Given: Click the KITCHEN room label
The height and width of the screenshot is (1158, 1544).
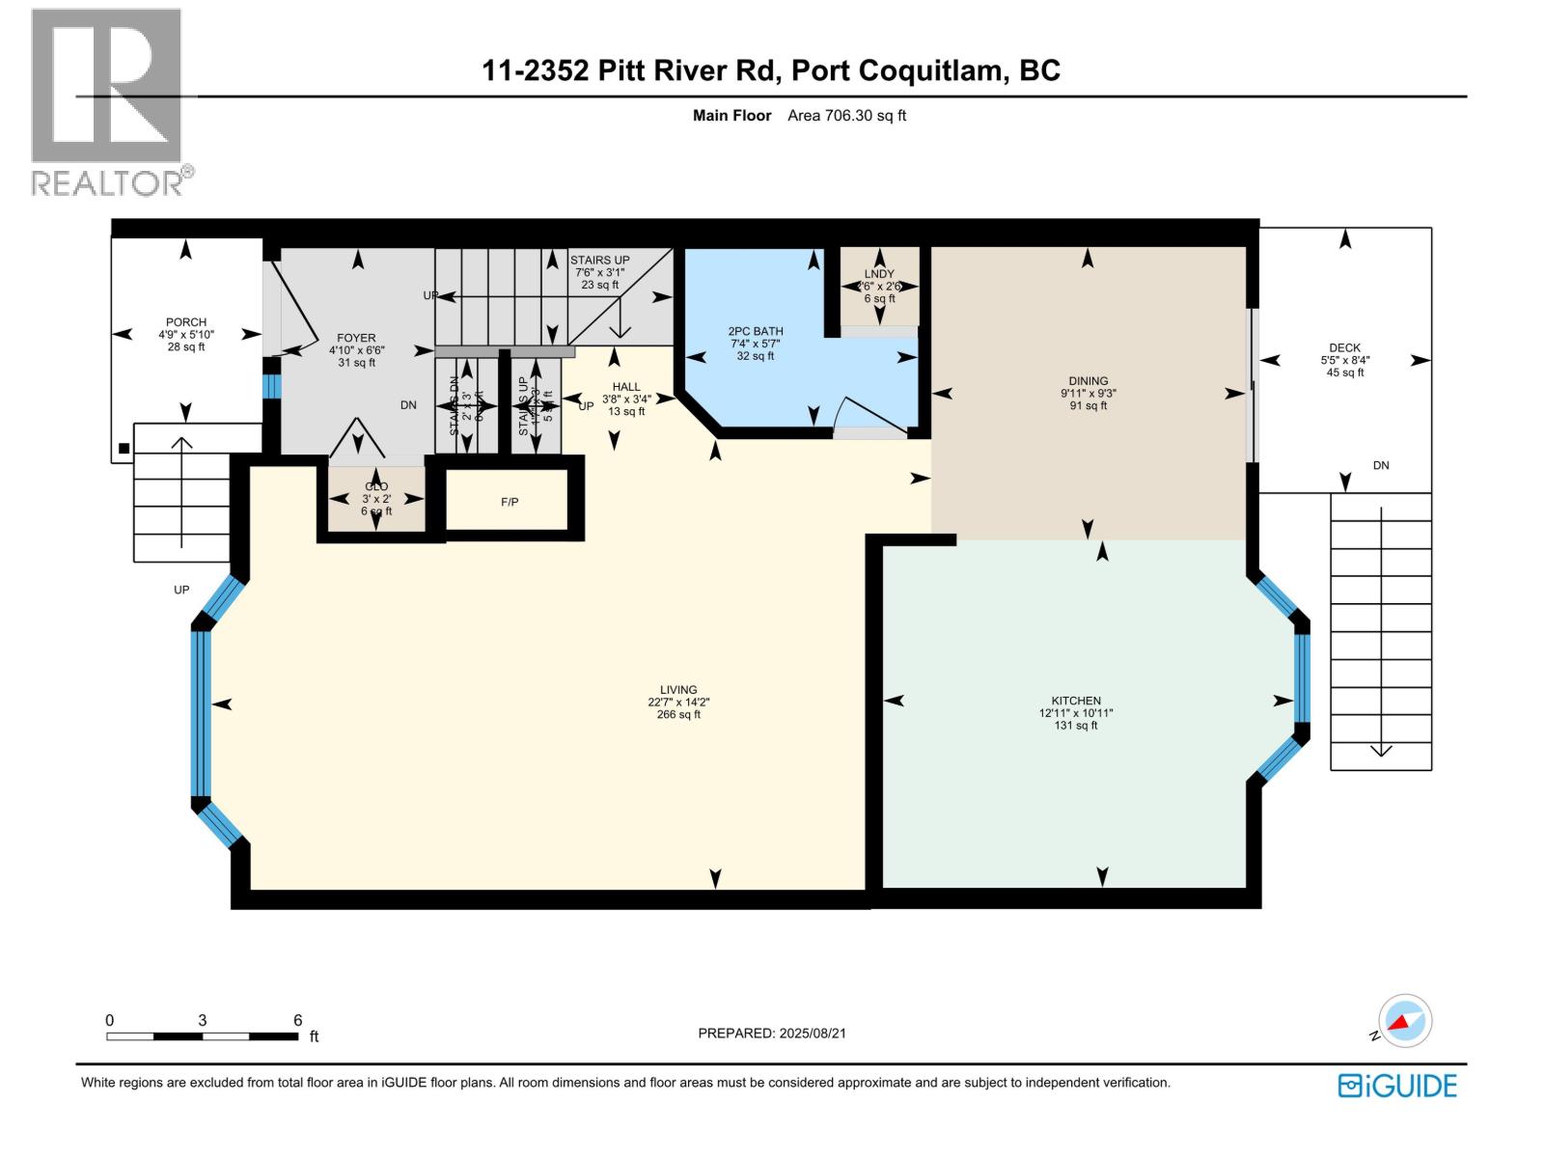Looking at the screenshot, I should coord(1076,702).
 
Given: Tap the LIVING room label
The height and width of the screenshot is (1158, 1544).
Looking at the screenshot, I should coord(678,690).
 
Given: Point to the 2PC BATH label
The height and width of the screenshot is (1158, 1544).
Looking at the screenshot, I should coord(756,331).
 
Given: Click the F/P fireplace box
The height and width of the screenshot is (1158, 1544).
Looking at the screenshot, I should coord(510,502).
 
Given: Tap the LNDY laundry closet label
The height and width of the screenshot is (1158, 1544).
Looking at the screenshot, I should coord(879,274).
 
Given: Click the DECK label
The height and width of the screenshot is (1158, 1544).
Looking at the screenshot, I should coord(1344,348).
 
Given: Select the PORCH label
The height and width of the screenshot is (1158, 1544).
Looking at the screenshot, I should coord(186,322).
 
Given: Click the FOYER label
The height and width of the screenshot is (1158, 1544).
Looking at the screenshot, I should coord(356,339).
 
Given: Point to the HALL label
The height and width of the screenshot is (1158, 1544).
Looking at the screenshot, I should coord(626,387).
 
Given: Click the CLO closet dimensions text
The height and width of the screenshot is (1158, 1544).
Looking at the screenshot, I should coord(376,499).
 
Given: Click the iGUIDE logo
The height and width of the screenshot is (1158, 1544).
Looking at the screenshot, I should coord(1397,1086).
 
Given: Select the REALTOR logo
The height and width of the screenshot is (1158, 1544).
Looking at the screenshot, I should coord(109,101).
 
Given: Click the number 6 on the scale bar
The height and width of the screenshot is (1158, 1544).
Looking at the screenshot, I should coord(297,1020).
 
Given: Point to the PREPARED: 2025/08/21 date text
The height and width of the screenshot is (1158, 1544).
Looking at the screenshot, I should coord(772,1033).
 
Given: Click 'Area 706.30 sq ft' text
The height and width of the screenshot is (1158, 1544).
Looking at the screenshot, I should coord(846,116).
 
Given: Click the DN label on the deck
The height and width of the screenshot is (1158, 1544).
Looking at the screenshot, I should coord(1381,465).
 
